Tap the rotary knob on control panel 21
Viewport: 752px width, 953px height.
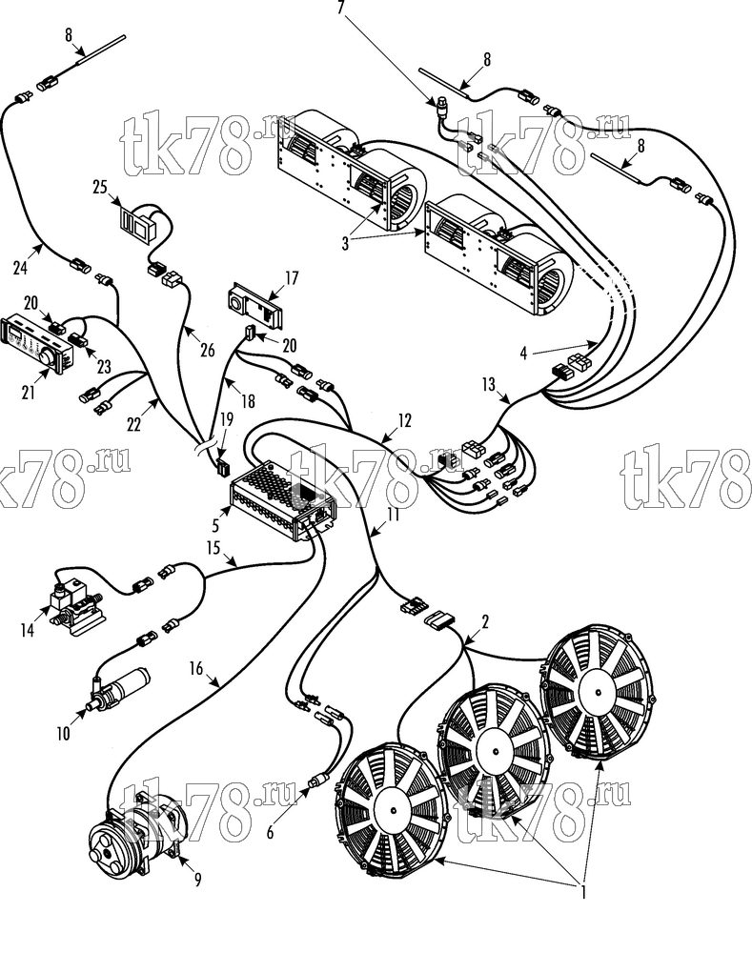(47, 356)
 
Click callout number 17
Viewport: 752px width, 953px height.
(292, 277)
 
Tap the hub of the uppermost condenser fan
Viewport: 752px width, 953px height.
(599, 692)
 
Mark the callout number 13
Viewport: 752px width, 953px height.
(488, 385)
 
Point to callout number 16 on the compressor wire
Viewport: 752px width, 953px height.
(195, 669)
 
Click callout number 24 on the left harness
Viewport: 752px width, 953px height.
(20, 268)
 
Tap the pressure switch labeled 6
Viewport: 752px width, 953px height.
(319, 781)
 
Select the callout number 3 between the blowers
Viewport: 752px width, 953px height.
(345, 244)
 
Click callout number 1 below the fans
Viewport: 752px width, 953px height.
(583, 893)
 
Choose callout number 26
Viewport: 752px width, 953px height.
(208, 350)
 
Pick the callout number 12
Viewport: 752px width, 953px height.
(404, 420)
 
